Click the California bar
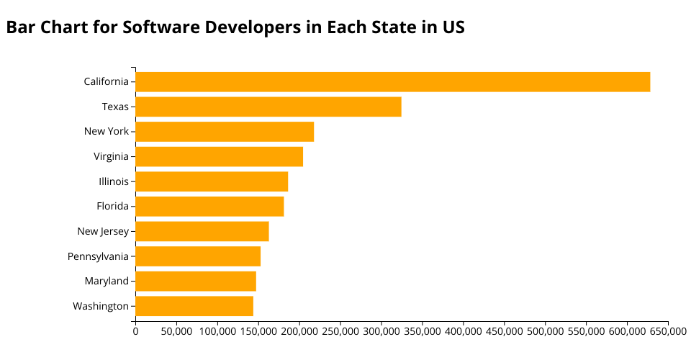point(392,82)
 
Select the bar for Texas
point(268,107)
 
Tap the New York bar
point(225,132)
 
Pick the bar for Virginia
point(219,156)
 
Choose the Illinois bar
point(212,181)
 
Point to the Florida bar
point(209,207)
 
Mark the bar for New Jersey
point(202,231)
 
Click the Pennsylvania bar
point(198,256)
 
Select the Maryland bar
point(196,281)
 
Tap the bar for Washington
point(194,306)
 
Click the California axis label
point(106,82)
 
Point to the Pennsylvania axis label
point(98,256)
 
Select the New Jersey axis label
point(103,231)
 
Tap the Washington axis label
point(101,306)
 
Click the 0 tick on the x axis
point(135,331)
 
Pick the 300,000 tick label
point(381,331)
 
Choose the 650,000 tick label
point(668,331)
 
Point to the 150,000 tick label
point(258,331)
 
